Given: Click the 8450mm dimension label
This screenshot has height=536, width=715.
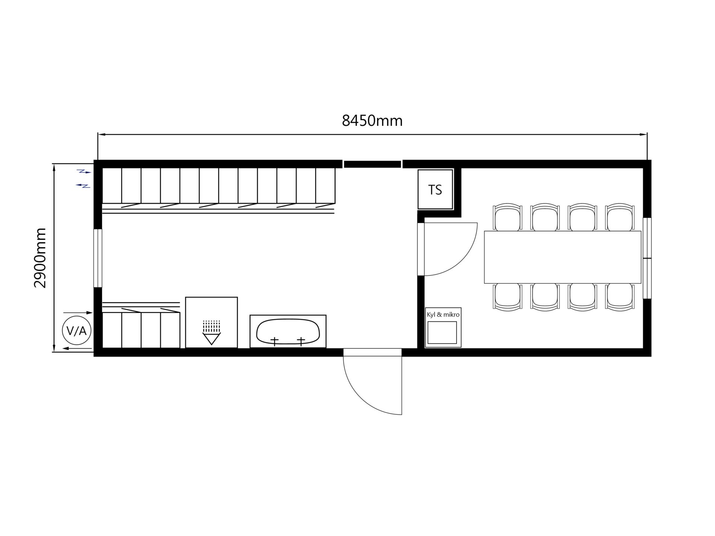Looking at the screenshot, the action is click(x=372, y=121).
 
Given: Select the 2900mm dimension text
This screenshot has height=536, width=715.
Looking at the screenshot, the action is click(x=40, y=258).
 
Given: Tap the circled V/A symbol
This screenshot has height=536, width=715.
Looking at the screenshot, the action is click(x=77, y=331).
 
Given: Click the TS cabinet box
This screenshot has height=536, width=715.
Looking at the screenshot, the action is click(x=435, y=189).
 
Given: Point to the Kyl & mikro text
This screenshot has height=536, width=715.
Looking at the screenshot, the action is click(x=443, y=315).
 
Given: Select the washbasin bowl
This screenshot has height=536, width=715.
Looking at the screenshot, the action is click(x=288, y=331).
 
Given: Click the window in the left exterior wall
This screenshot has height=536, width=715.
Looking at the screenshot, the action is click(x=98, y=258).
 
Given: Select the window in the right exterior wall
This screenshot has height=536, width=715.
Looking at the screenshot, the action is click(x=647, y=258).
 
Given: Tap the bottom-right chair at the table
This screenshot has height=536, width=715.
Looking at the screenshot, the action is click(x=620, y=297).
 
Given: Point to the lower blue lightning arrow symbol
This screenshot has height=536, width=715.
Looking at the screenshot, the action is click(x=83, y=185).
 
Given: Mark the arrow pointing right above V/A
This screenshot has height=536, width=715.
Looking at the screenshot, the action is click(x=78, y=313).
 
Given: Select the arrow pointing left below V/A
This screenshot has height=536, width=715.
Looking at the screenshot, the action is click(x=77, y=348).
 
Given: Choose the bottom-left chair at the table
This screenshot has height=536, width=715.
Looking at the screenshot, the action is click(x=507, y=297).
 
